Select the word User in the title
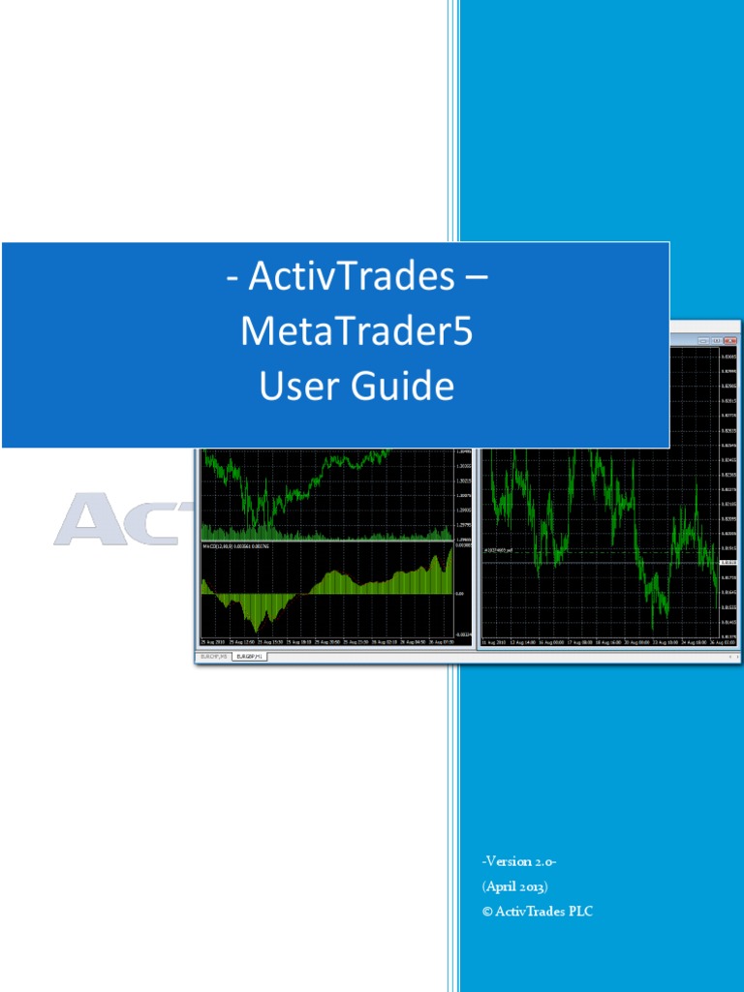(x=294, y=387)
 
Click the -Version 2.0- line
(x=518, y=861)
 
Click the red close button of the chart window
(x=731, y=341)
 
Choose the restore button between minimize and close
(x=717, y=341)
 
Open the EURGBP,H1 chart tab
(x=247, y=656)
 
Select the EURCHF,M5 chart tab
(x=214, y=656)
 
